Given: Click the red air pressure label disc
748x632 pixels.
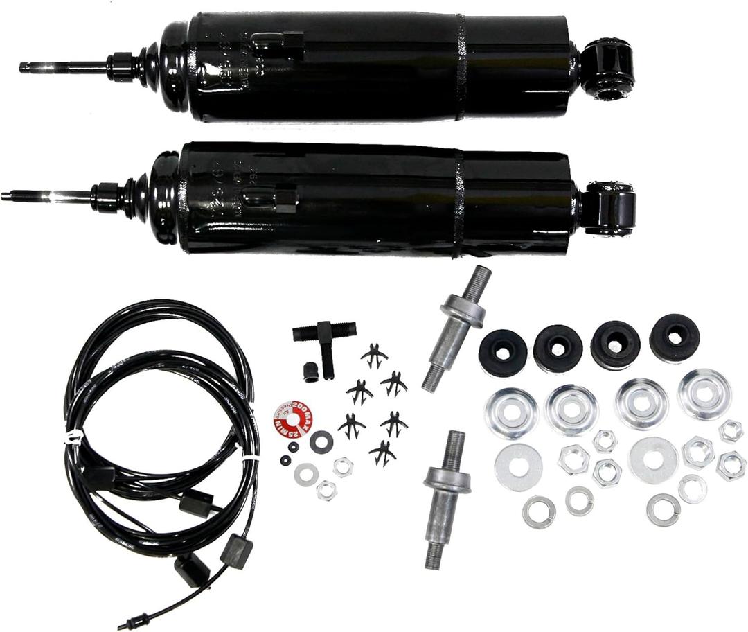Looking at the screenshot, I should coord(294,419).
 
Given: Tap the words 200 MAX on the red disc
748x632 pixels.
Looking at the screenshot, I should coord(302,413).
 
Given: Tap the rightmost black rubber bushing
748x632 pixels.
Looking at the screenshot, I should coord(674,337).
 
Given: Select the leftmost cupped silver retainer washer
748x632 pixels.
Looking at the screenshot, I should coord(511,413).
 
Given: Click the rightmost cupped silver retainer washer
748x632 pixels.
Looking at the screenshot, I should coord(704,394).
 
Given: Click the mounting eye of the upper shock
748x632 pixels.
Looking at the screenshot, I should coord(607,67).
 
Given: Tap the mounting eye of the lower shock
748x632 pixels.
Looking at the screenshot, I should coord(609,208).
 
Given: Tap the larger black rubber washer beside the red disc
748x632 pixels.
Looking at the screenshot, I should coord(321,441).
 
